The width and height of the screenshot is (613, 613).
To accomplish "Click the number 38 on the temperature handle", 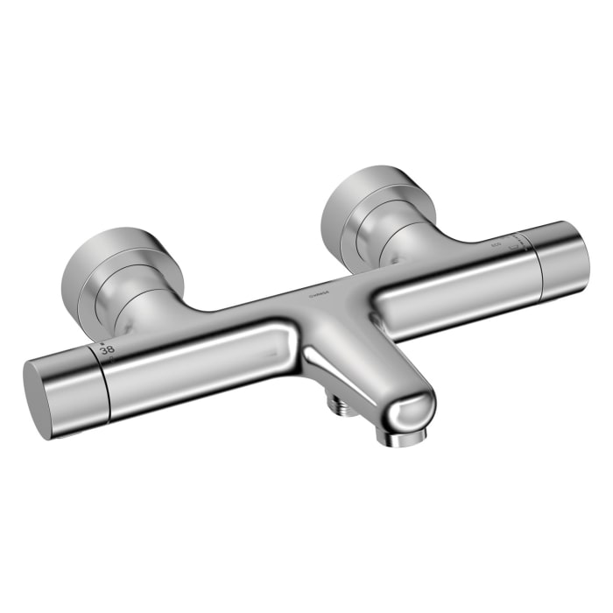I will pos(108,349).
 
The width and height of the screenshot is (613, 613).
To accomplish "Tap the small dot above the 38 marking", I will pos(102,342).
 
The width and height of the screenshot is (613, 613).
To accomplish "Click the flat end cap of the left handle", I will pos(40,398).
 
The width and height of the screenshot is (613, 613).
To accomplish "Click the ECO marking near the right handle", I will pos(496,243).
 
